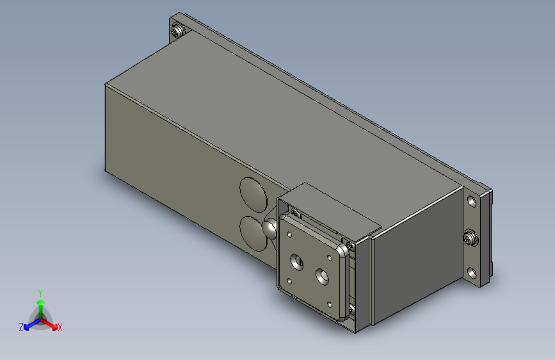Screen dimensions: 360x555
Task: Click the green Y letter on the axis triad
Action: click(40, 291)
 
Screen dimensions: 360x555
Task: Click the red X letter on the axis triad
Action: click(60, 328)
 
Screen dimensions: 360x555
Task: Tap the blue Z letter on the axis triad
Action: click(21, 327)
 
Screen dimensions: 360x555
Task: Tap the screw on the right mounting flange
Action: click(472, 238)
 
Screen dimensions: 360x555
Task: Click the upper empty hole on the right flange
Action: click(472, 201)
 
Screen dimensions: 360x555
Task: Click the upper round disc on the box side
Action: click(253, 193)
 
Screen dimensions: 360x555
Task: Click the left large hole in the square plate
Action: click(298, 261)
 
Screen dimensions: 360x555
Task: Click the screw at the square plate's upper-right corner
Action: click(350, 245)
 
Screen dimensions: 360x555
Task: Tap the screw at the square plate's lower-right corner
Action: click(352, 311)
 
